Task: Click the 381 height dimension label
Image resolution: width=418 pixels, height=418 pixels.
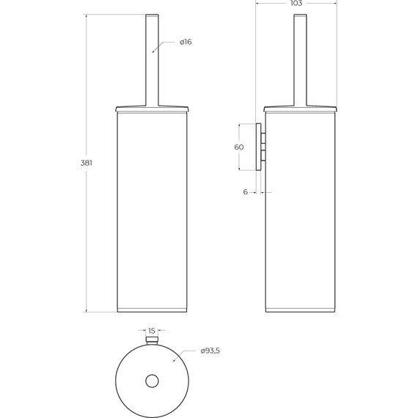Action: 87,163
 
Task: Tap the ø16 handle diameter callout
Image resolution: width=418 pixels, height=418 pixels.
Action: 186,42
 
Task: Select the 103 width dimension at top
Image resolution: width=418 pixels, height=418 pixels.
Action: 296,3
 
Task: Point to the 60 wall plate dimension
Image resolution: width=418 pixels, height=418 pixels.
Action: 239,147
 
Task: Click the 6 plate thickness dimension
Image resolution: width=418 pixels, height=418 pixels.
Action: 246,191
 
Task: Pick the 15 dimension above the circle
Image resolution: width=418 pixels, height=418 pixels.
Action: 151,331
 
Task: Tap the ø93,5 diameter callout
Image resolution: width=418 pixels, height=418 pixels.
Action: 210,351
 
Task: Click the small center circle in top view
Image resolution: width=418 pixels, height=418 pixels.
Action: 152,381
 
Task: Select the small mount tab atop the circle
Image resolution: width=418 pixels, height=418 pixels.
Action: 152,340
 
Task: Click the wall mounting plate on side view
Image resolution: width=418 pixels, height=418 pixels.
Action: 258,147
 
